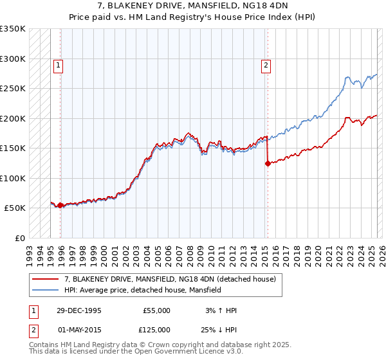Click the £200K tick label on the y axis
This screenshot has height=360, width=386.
pos(13,118)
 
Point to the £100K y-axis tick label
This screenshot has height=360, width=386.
pos(13,178)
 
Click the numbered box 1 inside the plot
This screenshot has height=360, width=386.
pos(59,64)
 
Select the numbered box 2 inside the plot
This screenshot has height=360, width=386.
pos(266,64)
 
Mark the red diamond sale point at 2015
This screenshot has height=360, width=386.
pos(268,163)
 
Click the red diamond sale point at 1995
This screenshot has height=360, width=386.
pos(60,205)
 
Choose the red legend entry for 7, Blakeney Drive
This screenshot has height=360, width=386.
pos(170,279)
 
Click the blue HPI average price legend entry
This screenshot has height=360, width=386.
pos(142,290)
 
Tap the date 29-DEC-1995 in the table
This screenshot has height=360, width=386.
pos(78,310)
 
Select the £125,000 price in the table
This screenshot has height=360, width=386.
pos(156,329)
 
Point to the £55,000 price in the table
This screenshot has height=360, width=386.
pos(156,310)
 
